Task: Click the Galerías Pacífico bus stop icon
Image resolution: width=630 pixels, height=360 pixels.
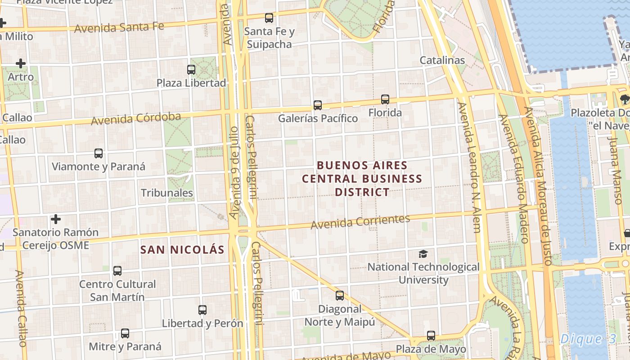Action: pyautogui.click(x=318, y=105)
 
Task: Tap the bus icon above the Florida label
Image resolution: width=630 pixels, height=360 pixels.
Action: pyautogui.click(x=385, y=99)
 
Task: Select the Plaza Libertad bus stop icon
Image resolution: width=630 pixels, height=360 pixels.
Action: pyautogui.click(x=191, y=70)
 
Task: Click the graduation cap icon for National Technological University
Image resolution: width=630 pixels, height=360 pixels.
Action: pyautogui.click(x=423, y=254)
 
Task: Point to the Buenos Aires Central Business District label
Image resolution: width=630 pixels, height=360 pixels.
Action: pyautogui.click(x=362, y=179)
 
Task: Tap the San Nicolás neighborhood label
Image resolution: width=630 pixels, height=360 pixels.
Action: pyautogui.click(x=182, y=250)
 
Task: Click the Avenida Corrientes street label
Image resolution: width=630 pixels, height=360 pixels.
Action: pyautogui.click(x=360, y=221)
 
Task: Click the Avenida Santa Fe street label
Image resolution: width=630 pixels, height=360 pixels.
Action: pyautogui.click(x=119, y=27)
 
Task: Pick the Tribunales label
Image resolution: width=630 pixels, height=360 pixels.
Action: pyautogui.click(x=167, y=193)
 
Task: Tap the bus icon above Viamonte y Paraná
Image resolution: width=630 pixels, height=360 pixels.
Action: pyautogui.click(x=99, y=153)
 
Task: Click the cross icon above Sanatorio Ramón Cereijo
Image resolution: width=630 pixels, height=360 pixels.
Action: pyautogui.click(x=56, y=219)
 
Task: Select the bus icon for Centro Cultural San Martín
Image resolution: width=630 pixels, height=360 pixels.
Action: pyautogui.click(x=117, y=271)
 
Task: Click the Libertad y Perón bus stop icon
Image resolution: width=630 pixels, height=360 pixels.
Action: pyautogui.click(x=202, y=310)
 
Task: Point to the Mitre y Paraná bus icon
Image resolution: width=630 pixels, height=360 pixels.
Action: pyautogui.click(x=125, y=334)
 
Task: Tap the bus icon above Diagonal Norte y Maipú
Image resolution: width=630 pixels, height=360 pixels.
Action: pyautogui.click(x=340, y=296)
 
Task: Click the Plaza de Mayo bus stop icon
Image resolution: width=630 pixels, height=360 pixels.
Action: pyautogui.click(x=431, y=336)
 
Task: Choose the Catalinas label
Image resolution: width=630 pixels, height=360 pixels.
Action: pyautogui.click(x=442, y=60)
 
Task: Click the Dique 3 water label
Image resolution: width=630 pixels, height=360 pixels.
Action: pyautogui.click(x=588, y=339)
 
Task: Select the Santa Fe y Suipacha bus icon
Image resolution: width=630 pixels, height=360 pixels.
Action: pyautogui.click(x=269, y=18)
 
